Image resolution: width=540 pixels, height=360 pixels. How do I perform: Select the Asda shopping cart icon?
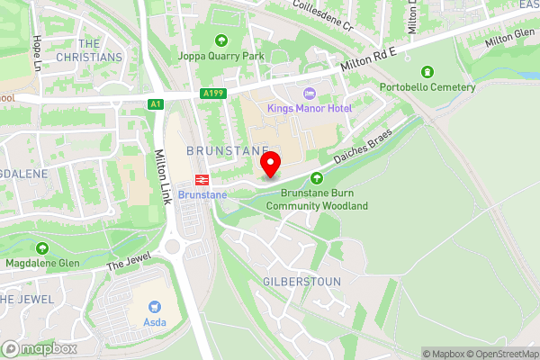click(x=157, y=307)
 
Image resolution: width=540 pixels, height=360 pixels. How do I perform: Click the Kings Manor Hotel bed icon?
click(x=310, y=94)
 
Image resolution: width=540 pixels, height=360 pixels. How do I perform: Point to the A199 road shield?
click(x=213, y=94)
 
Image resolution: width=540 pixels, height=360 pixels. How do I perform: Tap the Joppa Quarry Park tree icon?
click(x=221, y=40)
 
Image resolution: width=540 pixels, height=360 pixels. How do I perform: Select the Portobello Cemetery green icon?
click(x=427, y=72)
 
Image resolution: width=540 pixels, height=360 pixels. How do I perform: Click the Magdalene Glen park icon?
click(x=41, y=247)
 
